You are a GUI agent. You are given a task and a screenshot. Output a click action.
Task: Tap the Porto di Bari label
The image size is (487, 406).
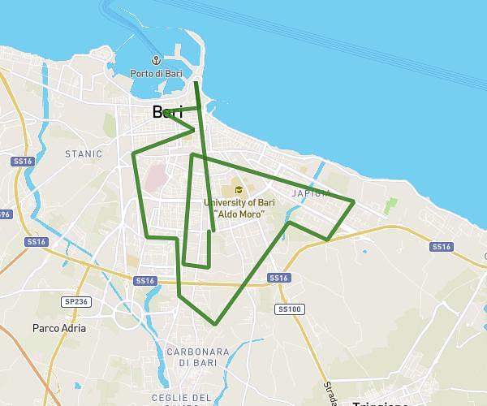(156, 75)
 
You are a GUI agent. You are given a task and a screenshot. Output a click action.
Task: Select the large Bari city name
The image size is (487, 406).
(167, 113)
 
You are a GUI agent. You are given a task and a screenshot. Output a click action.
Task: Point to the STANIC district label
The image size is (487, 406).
(84, 153)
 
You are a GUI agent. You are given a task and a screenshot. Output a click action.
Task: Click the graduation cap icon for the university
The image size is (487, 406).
(238, 190)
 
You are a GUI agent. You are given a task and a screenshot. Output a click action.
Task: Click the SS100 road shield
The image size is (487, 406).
(290, 309)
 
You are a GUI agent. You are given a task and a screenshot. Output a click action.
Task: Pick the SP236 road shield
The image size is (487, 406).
(75, 301)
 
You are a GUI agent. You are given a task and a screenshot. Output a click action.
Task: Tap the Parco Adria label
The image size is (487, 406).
(58, 329)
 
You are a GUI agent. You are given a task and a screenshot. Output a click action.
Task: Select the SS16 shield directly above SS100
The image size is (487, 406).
(278, 278)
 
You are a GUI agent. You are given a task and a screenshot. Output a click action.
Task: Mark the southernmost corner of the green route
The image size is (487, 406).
(215, 324)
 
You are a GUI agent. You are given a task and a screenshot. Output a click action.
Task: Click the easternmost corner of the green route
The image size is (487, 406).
(354, 201)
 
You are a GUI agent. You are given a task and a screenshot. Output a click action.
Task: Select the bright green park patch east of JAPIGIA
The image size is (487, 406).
(392, 205)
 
